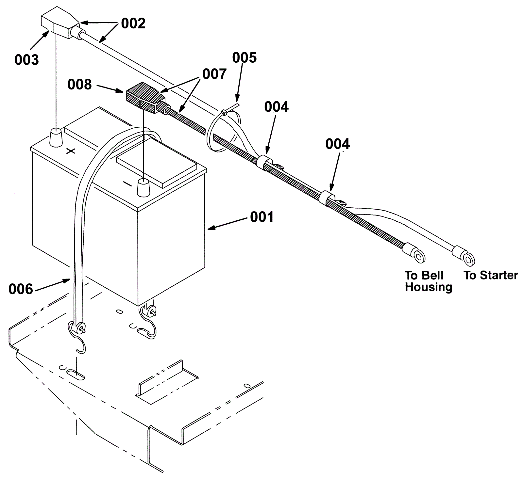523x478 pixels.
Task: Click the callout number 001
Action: pos(261,217)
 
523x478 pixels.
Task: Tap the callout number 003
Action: pos(26,60)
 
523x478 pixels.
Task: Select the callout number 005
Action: pos(244,58)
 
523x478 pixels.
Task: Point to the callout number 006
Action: pos(21,289)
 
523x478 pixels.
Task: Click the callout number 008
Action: pos(79,85)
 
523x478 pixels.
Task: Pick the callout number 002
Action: pos(133,24)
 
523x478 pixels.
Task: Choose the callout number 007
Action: pos(214,74)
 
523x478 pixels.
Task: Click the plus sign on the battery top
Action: pos(71,151)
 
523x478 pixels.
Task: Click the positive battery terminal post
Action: pos(56,137)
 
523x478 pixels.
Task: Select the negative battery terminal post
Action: pos(142,187)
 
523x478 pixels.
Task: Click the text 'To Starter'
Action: pos(491,276)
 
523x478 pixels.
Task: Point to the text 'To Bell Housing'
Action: pos(428,281)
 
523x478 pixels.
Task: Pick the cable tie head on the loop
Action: pos(224,112)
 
